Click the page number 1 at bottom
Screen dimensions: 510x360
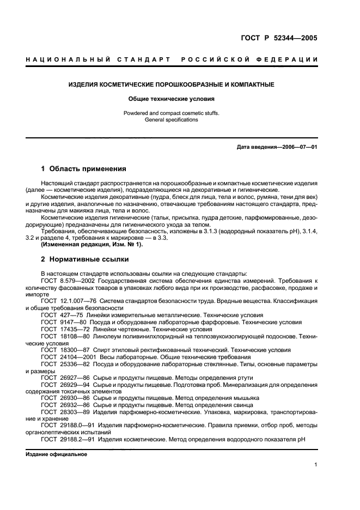(x=316, y=465)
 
